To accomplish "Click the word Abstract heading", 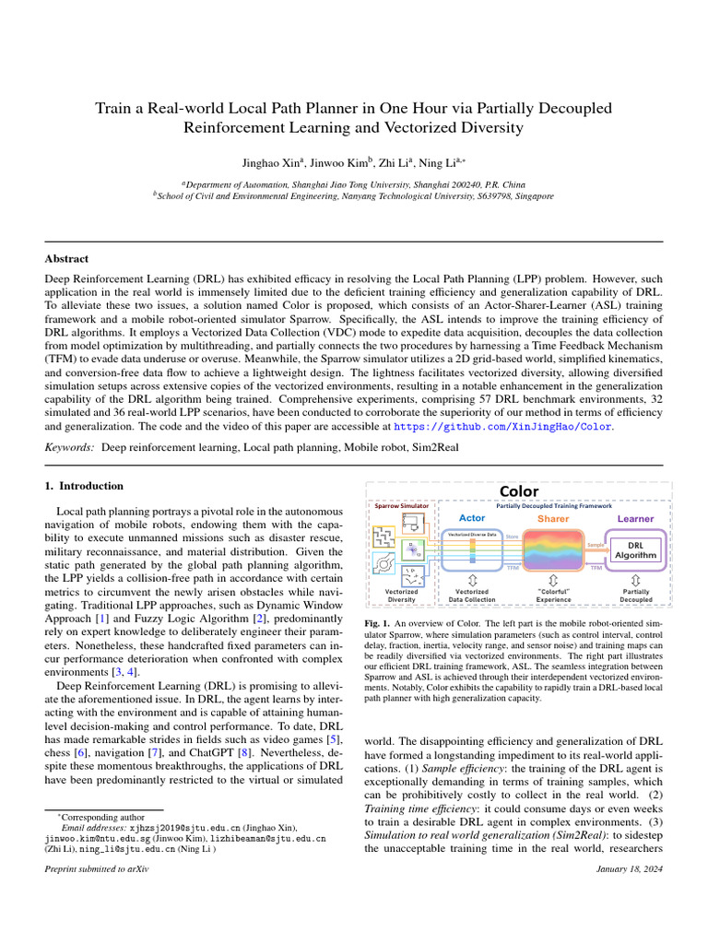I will coord(67,259).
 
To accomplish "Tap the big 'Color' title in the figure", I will coord(519,491).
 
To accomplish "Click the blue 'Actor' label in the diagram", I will coord(471,518).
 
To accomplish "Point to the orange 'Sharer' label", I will coord(552,519).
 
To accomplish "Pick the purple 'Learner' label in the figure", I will coord(634,519).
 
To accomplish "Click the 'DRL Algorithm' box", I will coord(635,550).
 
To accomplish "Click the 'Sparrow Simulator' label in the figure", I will coord(401,506).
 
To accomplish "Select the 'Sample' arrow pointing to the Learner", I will coord(596,545).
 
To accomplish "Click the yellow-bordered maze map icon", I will coord(384,535).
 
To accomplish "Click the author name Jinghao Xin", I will coord(276,164).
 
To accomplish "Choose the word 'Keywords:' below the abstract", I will coord(69,447).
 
